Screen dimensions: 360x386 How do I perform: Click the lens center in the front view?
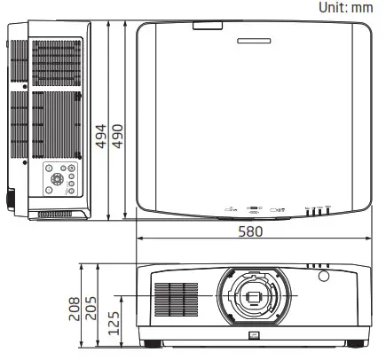pyautogui.click(x=253, y=297)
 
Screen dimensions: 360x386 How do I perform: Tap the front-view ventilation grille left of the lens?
pyautogui.click(x=176, y=301)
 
